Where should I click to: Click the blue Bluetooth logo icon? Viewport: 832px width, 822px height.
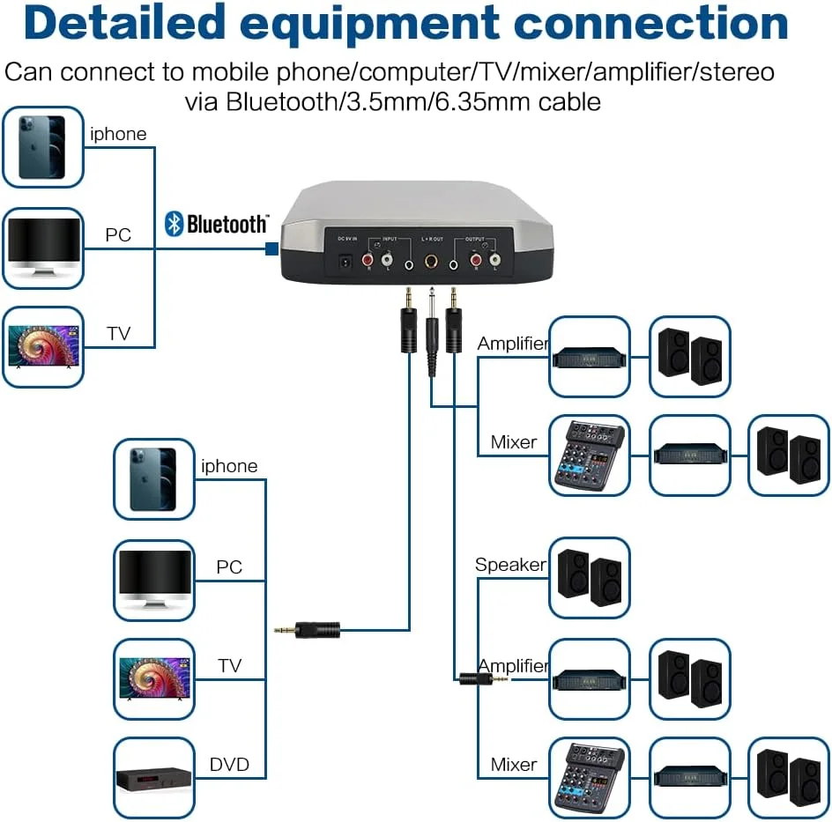[x=174, y=224]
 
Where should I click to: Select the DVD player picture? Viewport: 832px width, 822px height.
[x=154, y=778]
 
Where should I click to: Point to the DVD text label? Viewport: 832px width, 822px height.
[x=229, y=764]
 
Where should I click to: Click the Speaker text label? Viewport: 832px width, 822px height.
[x=510, y=565]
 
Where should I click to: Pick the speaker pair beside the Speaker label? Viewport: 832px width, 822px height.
[x=590, y=577]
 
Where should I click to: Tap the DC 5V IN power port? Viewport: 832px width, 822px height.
[x=347, y=261]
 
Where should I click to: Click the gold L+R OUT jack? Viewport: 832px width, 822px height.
[x=432, y=261]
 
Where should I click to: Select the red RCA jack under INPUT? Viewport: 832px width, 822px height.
[x=368, y=260]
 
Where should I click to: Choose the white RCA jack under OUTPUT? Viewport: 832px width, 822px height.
[x=495, y=260]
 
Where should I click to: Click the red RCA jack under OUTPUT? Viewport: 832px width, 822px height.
[x=477, y=260]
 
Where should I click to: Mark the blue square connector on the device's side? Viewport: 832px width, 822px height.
[x=272, y=250]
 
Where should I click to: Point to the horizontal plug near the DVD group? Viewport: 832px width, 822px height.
[x=308, y=630]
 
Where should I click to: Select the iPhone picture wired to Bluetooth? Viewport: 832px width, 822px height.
[x=42, y=146]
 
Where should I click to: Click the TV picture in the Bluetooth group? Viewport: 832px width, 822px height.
[x=42, y=346]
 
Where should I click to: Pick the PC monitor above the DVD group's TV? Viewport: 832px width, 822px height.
[x=154, y=578]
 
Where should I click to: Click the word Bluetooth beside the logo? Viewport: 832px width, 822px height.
[x=227, y=225]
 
